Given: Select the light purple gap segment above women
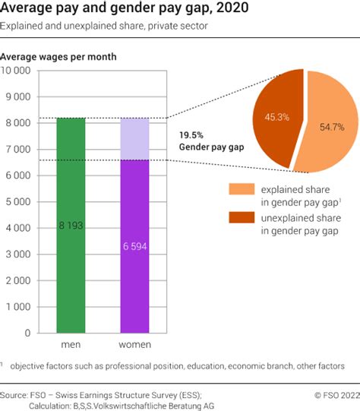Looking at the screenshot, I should pos(134,139).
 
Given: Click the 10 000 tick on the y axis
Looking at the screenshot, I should pos(16,71).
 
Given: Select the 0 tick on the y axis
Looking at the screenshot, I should pos(28,333).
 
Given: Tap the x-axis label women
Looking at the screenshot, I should pos(134,345).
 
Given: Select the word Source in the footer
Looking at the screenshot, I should pos(14,395).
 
